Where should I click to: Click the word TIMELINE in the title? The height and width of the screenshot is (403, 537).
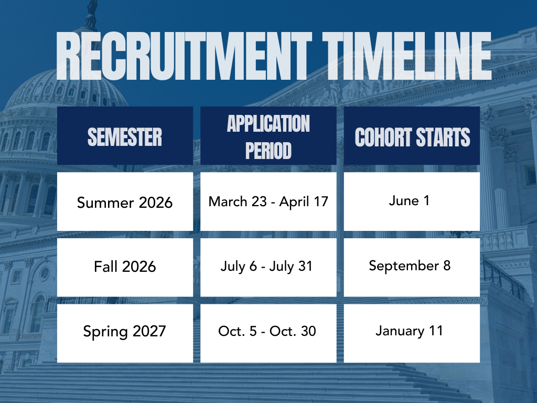coord(407,56)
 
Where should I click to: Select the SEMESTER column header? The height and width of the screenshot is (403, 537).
coord(125,136)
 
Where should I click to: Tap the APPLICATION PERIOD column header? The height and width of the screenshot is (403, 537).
coord(268,136)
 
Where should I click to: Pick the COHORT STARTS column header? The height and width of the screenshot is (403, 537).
coord(412,136)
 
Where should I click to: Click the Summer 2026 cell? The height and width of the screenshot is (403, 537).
coord(125,201)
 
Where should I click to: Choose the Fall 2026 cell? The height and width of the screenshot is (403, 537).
coord(125,267)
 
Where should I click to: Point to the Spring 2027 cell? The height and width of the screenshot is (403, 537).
coord(125,333)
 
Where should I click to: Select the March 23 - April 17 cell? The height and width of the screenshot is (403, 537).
coord(268,201)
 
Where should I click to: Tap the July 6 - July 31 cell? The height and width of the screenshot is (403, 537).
coord(268,267)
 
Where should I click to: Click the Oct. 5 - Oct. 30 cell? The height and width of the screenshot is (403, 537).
coord(268,333)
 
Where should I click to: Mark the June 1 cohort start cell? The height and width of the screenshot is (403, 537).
coord(412,201)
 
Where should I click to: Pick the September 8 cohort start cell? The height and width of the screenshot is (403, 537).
coord(412,267)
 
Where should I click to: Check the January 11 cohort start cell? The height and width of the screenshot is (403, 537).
coord(412,333)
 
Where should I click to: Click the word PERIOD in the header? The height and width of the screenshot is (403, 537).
coord(268,151)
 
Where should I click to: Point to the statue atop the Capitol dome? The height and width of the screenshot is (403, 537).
coord(91,7)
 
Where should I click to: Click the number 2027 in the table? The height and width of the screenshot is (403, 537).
coord(149,331)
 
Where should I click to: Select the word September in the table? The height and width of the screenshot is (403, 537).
coord(404,266)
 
